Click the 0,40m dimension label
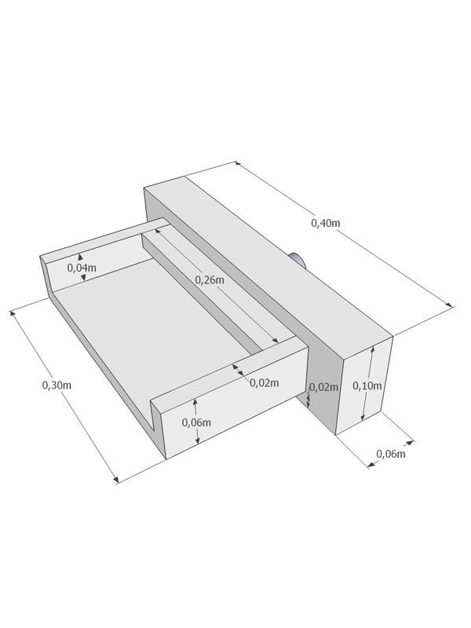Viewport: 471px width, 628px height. [x=326, y=223]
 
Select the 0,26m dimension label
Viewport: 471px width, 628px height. [x=210, y=280]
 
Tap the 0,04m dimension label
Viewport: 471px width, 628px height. [x=82, y=268]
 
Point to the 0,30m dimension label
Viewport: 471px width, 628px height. [x=57, y=385]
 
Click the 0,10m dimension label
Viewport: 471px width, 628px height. [x=367, y=385]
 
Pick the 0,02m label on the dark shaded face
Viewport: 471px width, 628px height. [x=324, y=387]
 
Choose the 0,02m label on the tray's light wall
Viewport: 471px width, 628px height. [x=265, y=383]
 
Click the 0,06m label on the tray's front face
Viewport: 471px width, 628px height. [x=196, y=422]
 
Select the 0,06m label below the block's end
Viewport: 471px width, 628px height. [x=390, y=454]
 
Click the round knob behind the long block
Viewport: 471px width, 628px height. [x=299, y=260]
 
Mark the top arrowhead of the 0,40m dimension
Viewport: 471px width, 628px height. [x=238, y=163]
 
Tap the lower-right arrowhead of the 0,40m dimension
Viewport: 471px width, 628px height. [x=450, y=305]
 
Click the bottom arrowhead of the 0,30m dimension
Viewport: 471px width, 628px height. [x=116, y=480]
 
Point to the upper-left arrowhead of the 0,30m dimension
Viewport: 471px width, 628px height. [x=13, y=312]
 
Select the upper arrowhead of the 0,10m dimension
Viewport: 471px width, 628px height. [x=372, y=349]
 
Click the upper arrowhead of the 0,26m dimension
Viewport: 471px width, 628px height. [x=159, y=231]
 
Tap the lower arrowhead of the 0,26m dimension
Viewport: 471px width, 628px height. [x=276, y=340]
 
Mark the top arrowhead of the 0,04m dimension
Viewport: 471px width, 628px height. [x=80, y=257]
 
